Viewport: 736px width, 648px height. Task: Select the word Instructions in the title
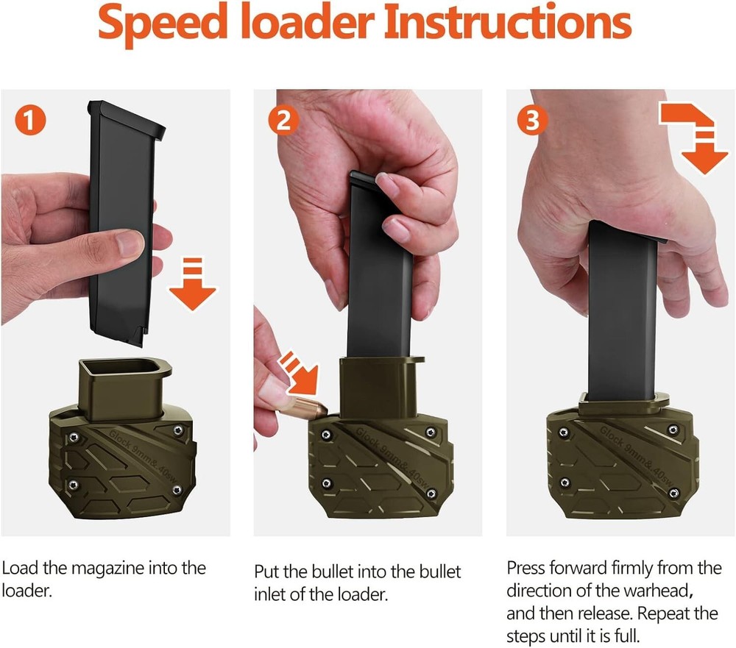tap(508, 24)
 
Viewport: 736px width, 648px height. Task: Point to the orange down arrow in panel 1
tap(193, 282)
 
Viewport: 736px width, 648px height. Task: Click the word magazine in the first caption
tap(116, 569)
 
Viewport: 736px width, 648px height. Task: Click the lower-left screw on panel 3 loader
tap(565, 483)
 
